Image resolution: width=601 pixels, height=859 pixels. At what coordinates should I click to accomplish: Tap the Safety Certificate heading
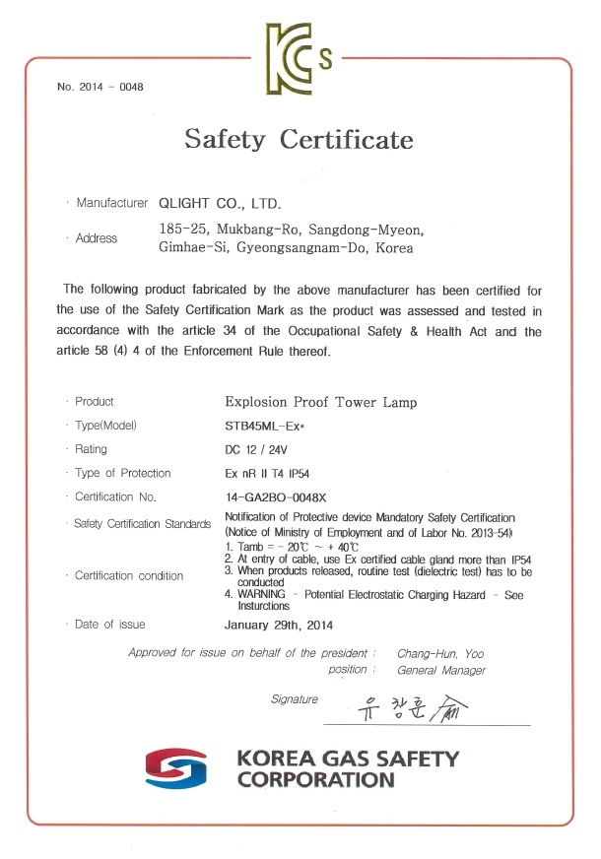(299, 140)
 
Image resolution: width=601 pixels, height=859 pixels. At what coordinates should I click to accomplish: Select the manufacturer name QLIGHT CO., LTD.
(220, 204)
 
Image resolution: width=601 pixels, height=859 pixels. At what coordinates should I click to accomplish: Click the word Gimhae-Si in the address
(191, 248)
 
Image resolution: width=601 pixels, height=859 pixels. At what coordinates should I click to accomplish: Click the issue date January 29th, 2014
(280, 625)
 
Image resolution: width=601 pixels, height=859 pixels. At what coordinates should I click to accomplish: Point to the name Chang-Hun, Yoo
(440, 653)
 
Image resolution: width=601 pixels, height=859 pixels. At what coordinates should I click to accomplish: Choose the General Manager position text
(441, 670)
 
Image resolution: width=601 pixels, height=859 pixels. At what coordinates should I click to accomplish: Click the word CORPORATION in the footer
(315, 780)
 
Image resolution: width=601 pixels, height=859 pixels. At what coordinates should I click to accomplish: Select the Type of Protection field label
(123, 473)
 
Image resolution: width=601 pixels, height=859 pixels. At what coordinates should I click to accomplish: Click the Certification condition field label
(129, 575)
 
